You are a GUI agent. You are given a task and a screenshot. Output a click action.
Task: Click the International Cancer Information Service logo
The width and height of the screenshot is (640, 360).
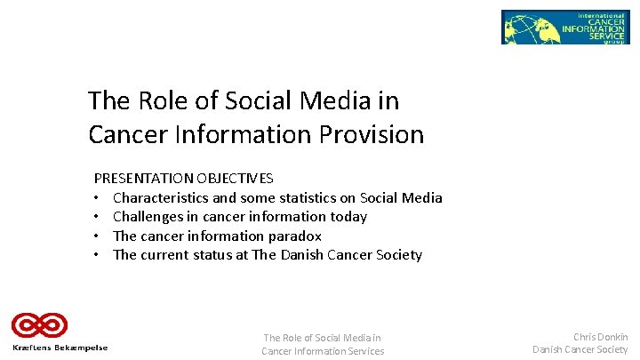(x=564, y=28)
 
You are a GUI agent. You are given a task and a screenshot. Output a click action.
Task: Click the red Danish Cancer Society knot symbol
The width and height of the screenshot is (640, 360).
(x=39, y=325)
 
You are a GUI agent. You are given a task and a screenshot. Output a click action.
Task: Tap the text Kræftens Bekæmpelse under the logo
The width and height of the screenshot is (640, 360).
(x=60, y=348)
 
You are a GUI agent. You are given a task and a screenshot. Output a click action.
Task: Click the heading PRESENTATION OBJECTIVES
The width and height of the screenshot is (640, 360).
(x=184, y=179)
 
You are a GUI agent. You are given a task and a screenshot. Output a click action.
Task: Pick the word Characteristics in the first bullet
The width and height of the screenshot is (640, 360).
(x=161, y=197)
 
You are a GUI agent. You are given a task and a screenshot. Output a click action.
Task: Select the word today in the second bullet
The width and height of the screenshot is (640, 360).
(x=348, y=217)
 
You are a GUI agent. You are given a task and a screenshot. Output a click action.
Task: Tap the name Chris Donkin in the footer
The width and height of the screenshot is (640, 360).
(x=600, y=337)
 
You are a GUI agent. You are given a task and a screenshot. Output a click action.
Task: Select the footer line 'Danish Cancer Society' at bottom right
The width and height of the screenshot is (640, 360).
(x=580, y=350)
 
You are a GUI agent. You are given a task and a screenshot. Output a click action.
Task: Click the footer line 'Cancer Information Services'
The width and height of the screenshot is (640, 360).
(x=323, y=351)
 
